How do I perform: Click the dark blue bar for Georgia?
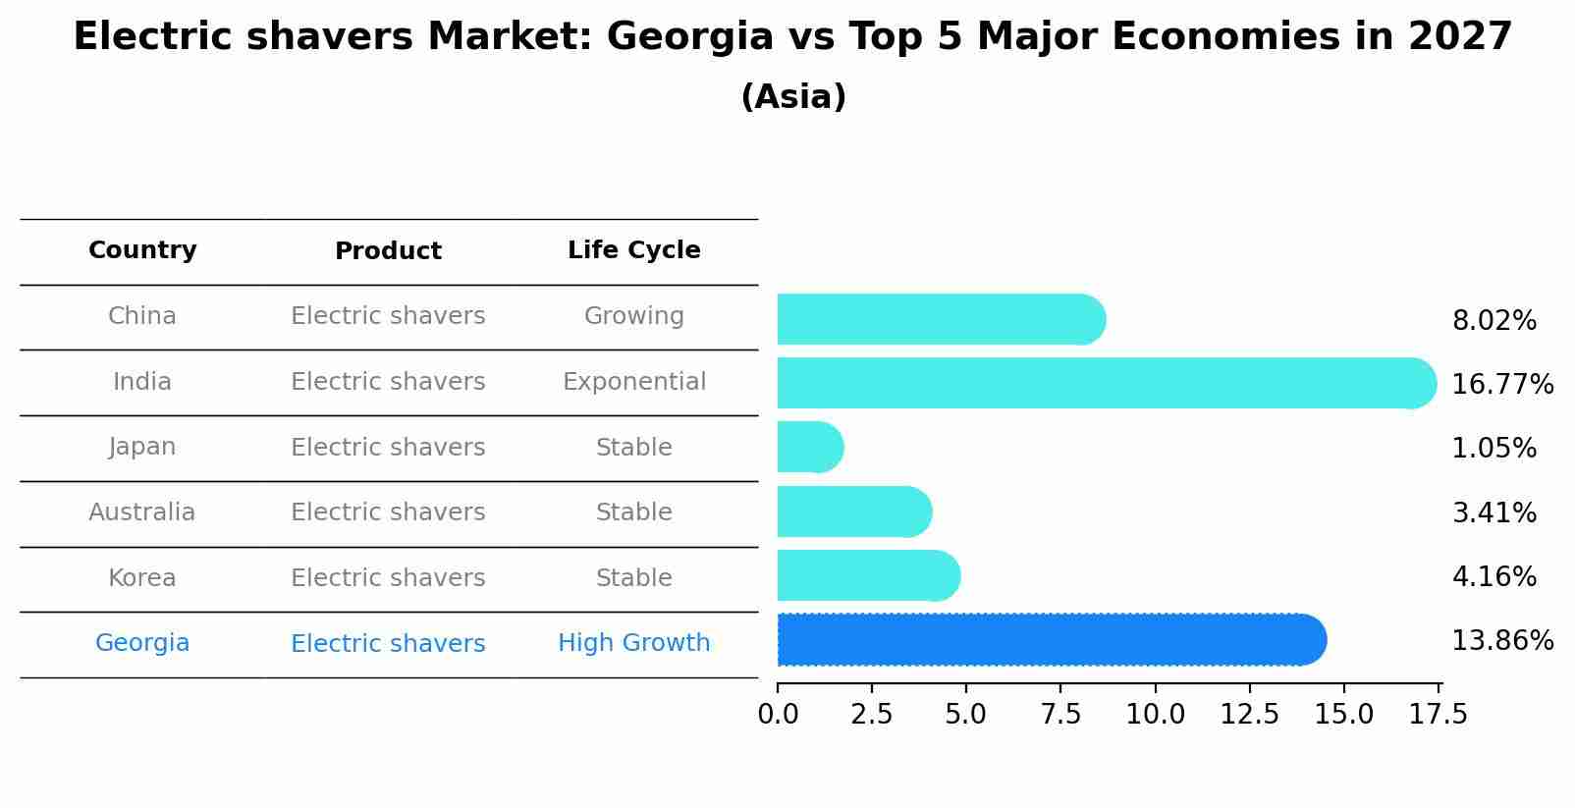[x=1051, y=640]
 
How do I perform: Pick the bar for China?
[x=941, y=319]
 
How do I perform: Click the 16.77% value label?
[x=1501, y=384]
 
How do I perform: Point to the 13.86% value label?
[x=1501, y=641]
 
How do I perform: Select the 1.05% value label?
[x=1494, y=449]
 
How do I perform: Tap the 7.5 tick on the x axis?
[x=1060, y=715]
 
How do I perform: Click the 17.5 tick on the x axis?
[x=1439, y=715]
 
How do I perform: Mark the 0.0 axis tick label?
[x=778, y=715]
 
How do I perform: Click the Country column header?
[x=142, y=250]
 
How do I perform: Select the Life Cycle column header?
[x=633, y=250]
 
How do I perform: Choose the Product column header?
[x=388, y=251]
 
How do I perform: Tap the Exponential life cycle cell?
[x=633, y=382]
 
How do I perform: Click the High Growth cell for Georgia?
[x=633, y=643]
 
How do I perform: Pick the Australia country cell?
[x=142, y=512]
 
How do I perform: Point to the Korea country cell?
[x=142, y=578]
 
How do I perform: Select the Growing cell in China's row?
[x=633, y=316]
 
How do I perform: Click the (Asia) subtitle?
[x=793, y=97]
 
